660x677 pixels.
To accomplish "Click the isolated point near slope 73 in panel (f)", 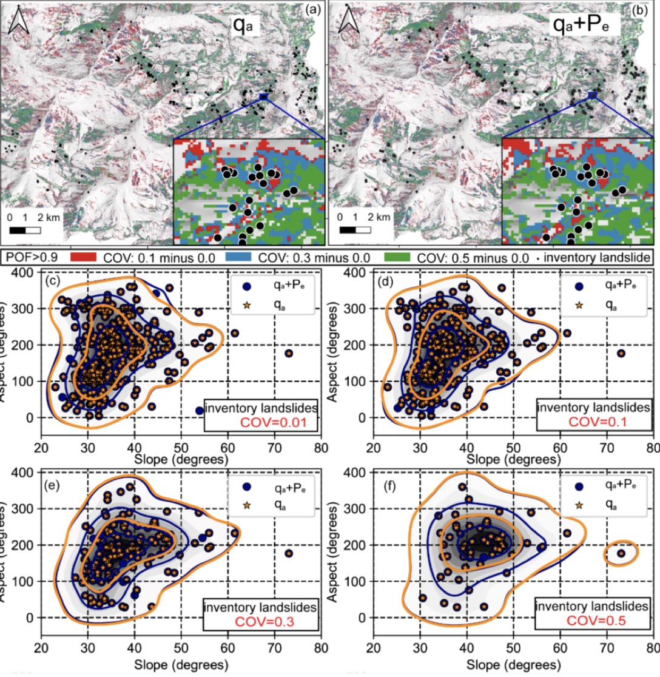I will pos(621,553).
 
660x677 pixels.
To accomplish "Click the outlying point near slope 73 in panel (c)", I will pos(289,353).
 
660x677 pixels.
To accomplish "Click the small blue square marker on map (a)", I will pos(263,96).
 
